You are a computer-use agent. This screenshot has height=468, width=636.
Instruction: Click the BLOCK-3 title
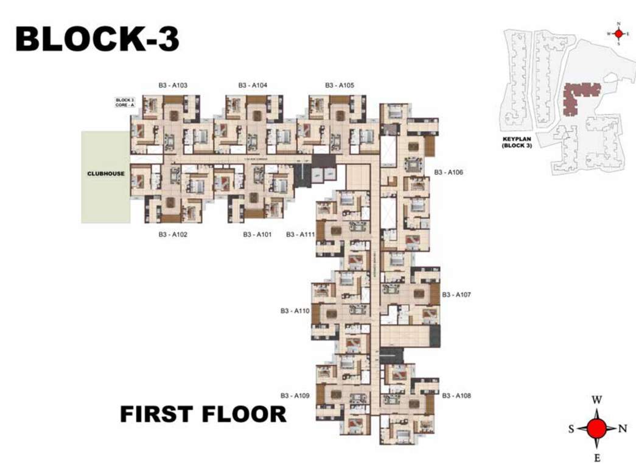pyautogui.click(x=97, y=38)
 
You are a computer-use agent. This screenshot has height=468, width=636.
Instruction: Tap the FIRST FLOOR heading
pyautogui.click(x=203, y=414)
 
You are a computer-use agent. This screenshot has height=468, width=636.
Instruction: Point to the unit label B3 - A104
pyautogui.click(x=253, y=85)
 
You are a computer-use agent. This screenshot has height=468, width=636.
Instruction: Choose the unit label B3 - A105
pyautogui.click(x=339, y=85)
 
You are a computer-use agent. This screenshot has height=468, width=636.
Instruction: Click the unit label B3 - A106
pyautogui.click(x=449, y=173)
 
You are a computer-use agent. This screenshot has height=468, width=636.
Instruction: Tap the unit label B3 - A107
pyautogui.click(x=456, y=294)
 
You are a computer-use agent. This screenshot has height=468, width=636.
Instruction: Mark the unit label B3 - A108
pyautogui.click(x=456, y=395)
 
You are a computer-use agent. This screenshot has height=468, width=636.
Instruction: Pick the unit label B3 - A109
pyautogui.click(x=295, y=395)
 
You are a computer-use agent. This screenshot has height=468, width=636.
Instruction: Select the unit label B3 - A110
pyautogui.click(x=295, y=311)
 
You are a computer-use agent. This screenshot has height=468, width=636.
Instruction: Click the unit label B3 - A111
pyautogui.click(x=301, y=235)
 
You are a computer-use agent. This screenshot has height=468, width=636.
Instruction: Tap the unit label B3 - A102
pyautogui.click(x=173, y=235)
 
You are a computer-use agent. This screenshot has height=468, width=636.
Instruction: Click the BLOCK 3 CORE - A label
pyautogui.click(x=124, y=102)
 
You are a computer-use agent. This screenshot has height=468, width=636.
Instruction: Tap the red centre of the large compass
pyautogui.click(x=597, y=428)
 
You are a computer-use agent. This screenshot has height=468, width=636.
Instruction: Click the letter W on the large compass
pyautogui.click(x=597, y=400)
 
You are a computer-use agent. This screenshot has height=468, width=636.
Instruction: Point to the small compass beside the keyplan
pyautogui.click(x=618, y=34)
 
